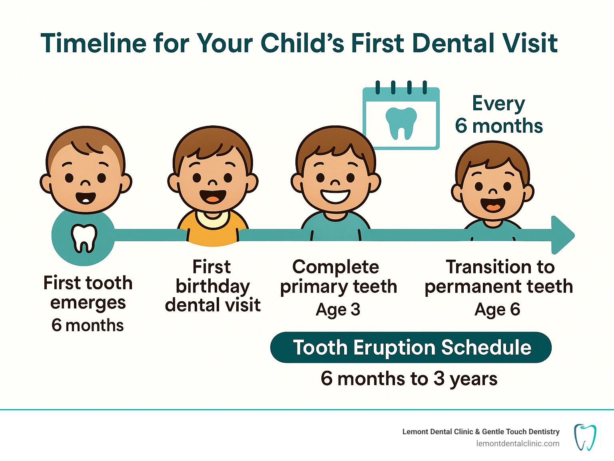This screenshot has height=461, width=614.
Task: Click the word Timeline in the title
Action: (94, 43)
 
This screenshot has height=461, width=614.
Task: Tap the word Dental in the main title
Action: (453, 43)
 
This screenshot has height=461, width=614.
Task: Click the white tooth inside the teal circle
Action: (84, 238)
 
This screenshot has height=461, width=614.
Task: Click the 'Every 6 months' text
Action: (499, 114)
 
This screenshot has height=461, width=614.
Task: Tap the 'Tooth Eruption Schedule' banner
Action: (411, 347)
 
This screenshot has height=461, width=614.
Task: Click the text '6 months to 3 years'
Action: (409, 379)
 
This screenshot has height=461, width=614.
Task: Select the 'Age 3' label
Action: (338, 310)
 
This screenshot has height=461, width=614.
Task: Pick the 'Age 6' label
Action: (497, 310)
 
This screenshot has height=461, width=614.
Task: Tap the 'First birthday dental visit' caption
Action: (213, 286)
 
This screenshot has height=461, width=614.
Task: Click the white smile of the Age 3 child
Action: (335, 195)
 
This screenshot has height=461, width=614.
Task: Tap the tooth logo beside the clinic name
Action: (585, 437)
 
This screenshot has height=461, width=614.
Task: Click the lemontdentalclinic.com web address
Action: (518, 444)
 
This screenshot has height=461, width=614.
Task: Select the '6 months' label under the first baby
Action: (88, 326)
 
